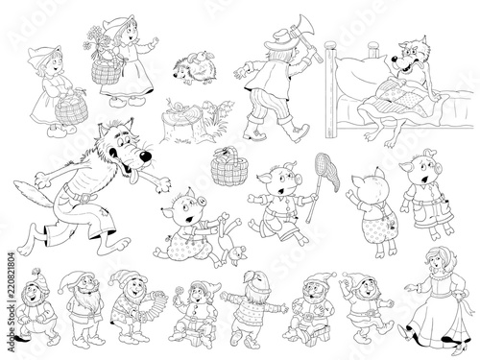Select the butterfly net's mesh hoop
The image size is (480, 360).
pos(326,173)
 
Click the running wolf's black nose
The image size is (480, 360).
pos(146,156)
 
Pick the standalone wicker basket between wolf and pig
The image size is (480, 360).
pos(229,166)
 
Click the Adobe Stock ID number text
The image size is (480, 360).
pos(12,282)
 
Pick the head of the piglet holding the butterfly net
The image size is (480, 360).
pos(280,180)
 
